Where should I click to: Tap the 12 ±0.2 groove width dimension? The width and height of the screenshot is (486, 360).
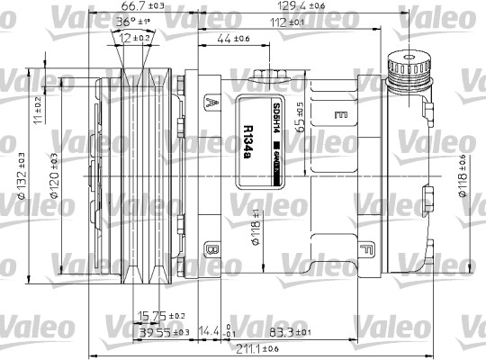136,37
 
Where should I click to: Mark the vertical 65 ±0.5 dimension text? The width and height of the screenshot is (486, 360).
305,119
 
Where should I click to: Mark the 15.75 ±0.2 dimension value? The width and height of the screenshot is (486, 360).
160,316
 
